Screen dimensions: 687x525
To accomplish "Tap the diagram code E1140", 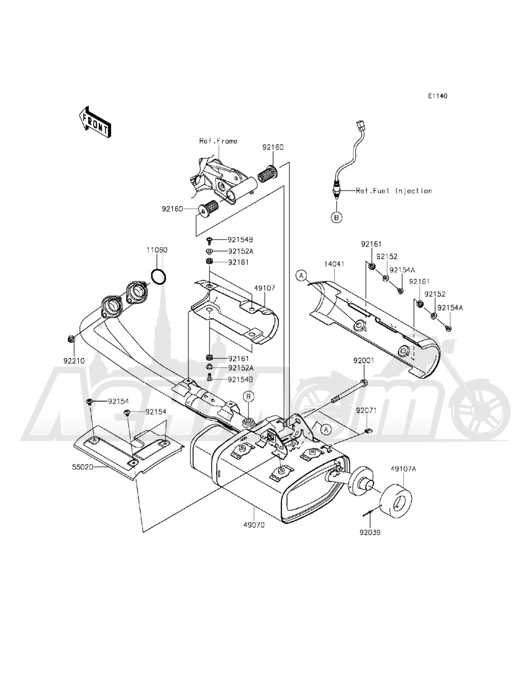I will pos(438,97).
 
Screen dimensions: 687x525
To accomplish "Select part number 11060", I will pos(157,250).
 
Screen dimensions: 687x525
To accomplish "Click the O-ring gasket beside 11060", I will pos(159,276).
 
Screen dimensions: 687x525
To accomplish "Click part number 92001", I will pos(363,361).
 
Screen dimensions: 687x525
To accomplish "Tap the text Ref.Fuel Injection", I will pos(394,191).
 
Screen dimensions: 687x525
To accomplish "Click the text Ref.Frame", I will pos(218,141).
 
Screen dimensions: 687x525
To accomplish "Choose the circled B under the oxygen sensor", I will pos(335,217).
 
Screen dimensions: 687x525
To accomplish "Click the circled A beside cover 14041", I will pos(301,274).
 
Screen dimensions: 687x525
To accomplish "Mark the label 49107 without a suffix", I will pos(265,288).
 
